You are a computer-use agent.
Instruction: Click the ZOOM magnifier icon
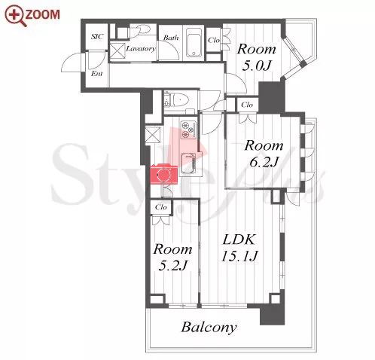[15, 17]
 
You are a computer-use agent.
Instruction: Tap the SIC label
[97, 37]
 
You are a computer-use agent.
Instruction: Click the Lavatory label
[141, 48]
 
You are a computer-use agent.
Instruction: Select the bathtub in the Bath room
[194, 44]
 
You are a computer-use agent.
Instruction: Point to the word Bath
[171, 38]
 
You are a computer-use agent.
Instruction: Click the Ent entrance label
[96, 74]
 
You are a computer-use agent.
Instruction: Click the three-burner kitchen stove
[188, 129]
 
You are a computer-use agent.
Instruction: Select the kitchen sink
[188, 163]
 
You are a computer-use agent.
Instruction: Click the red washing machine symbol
[164, 174]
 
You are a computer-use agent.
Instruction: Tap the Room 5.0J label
[257, 57]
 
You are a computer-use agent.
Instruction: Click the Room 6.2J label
[264, 154]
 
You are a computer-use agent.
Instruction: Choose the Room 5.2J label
[172, 257]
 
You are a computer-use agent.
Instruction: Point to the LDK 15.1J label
[239, 248]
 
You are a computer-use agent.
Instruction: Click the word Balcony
[209, 328]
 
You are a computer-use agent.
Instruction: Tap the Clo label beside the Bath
[214, 40]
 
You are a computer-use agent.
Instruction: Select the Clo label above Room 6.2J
[247, 105]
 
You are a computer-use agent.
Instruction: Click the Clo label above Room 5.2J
[161, 207]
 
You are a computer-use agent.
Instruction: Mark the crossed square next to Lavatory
[117, 51]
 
